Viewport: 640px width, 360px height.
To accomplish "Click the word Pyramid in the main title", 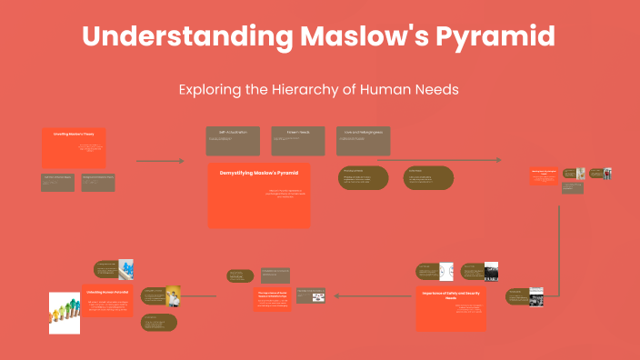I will pos(492,37).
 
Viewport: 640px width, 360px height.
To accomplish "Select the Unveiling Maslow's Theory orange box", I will pos(74,147).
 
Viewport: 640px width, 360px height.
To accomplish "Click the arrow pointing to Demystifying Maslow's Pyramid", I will pos(160,161).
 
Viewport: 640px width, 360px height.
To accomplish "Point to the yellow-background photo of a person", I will pos(173,296).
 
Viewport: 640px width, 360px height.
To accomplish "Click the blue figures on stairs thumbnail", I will pos(126,269).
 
